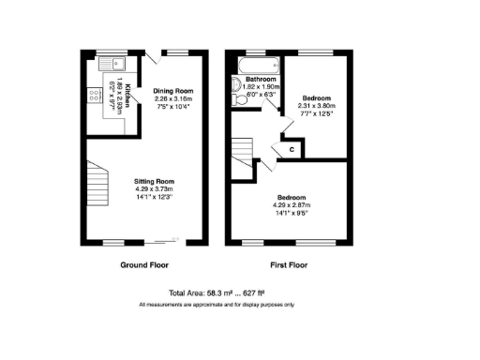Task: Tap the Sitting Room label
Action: pyautogui.click(x=156, y=182)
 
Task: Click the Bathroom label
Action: pyautogui.click(x=260, y=80)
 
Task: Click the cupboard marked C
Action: pyautogui.click(x=292, y=149)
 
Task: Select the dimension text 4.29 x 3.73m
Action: pyautogui.click(x=156, y=189)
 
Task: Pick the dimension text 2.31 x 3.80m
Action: pyautogui.click(x=316, y=106)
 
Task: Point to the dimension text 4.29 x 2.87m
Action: pyautogui.click(x=290, y=205)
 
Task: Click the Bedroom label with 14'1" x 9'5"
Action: pyautogui.click(x=290, y=198)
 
